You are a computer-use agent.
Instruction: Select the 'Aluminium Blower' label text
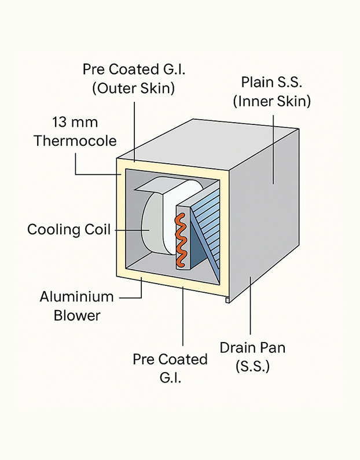point(76,306)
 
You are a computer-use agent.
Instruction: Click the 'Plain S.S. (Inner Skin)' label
point(272,93)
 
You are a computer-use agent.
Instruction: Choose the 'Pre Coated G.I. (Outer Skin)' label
point(129,79)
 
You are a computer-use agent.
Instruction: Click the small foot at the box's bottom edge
point(227,300)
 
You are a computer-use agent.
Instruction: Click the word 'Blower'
point(77,315)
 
